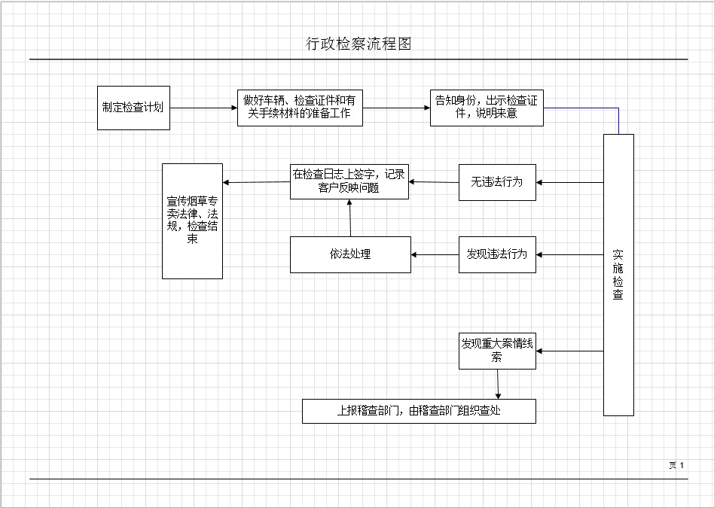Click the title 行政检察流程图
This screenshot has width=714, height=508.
tap(359, 44)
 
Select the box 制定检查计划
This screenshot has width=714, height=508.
tap(133, 108)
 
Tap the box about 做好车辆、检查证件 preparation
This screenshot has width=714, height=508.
tap(299, 108)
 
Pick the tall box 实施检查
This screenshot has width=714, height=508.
tap(618, 275)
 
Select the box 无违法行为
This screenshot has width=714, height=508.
tap(497, 182)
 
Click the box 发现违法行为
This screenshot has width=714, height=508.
tap(497, 254)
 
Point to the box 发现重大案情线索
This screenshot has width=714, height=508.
tap(497, 351)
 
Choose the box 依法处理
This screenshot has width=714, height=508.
tap(350, 254)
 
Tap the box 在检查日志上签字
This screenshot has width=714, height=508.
tap(349, 182)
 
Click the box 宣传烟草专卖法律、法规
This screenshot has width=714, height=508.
tap(192, 221)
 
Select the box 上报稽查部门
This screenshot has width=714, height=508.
tap(419, 411)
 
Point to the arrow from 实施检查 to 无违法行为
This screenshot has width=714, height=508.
tap(570, 182)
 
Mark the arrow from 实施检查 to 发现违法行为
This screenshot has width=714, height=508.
tap(570, 254)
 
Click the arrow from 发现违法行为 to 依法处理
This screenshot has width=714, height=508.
tap(435, 254)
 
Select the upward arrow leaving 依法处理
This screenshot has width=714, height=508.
tap(350, 218)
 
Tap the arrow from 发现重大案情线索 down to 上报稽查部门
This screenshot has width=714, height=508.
tap(498, 384)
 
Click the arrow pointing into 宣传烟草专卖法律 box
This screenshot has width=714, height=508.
tap(257, 182)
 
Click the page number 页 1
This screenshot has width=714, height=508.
tap(676, 465)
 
